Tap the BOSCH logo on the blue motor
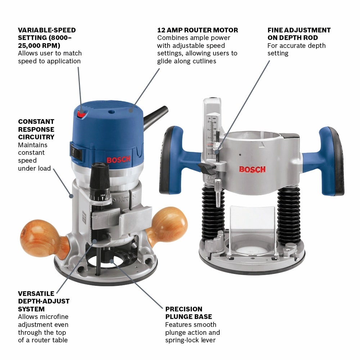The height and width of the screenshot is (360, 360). pos(116,160)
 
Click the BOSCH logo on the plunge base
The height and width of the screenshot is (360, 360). pos(252,169)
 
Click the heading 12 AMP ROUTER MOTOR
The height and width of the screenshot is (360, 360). pos(198,30)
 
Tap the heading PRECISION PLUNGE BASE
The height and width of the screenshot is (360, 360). pos(189,313)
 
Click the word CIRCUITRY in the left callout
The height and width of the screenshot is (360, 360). pos(36,137)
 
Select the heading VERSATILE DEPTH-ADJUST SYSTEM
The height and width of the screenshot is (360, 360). pos(44,301)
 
